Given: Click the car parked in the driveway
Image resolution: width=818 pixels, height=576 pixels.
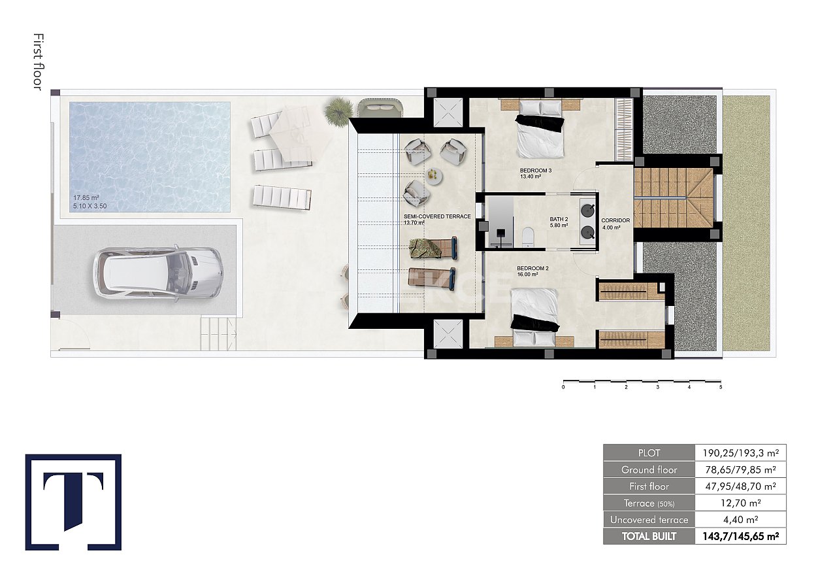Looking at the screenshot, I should pyautogui.click(x=158, y=273).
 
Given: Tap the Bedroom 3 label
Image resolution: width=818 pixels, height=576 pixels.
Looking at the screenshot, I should pyautogui.click(x=535, y=173).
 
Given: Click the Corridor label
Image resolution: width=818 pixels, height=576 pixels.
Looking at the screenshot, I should pyautogui.click(x=615, y=221).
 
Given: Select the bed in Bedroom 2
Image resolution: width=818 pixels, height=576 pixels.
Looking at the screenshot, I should pyautogui.click(x=534, y=315).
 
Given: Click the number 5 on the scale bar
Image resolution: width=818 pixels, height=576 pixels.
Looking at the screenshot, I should pyautogui.click(x=721, y=387).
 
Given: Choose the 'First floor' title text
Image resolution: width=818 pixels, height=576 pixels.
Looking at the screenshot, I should pyautogui.click(x=37, y=62).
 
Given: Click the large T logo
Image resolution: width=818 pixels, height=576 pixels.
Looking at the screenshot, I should pyautogui.click(x=73, y=501).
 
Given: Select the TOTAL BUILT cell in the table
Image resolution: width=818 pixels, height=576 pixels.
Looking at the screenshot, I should pyautogui.click(x=649, y=537).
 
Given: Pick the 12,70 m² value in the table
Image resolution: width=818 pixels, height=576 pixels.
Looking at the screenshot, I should pyautogui.click(x=740, y=503).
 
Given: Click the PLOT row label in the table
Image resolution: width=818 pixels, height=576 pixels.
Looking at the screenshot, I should pyautogui.click(x=649, y=452).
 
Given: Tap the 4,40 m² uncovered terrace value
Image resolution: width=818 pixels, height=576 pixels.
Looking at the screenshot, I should pyautogui.click(x=740, y=520).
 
